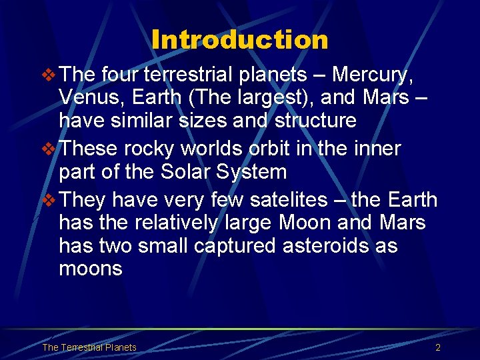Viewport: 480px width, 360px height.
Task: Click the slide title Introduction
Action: (240, 40)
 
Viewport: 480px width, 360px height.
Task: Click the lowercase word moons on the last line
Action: (91, 269)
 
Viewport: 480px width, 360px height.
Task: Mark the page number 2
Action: (438, 347)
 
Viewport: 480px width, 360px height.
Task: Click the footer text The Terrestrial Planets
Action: (89, 347)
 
